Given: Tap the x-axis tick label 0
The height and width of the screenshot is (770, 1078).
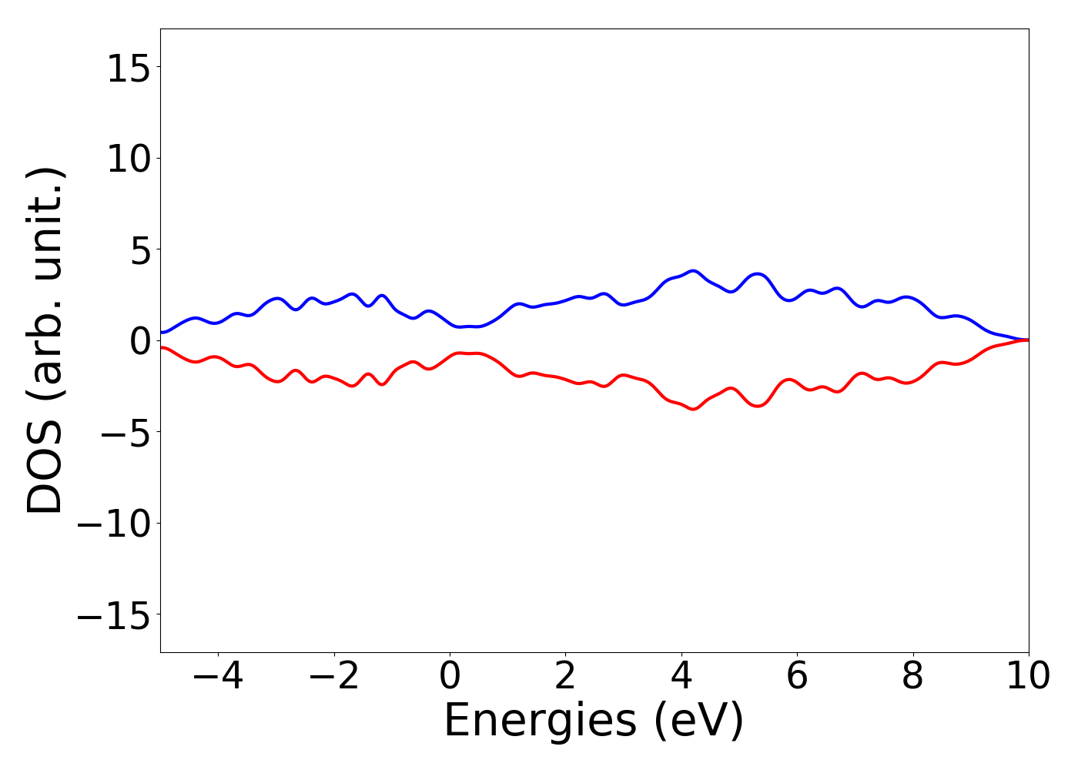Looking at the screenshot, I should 450,677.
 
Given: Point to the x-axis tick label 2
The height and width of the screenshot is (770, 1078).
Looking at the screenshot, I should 565,677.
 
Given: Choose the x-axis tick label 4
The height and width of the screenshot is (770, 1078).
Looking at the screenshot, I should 681,677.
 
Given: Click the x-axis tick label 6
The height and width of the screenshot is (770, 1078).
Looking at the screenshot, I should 797,677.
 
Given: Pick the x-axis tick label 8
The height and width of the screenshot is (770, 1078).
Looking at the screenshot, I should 912,677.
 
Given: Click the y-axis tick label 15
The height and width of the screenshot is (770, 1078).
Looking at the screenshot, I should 128,70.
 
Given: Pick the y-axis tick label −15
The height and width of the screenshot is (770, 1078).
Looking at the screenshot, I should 115,616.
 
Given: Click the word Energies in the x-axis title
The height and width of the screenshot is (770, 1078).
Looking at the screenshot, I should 541,721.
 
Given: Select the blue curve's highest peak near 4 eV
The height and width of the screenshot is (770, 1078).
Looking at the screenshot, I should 694,271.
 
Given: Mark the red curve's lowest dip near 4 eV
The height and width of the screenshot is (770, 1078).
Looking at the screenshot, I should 694,409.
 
